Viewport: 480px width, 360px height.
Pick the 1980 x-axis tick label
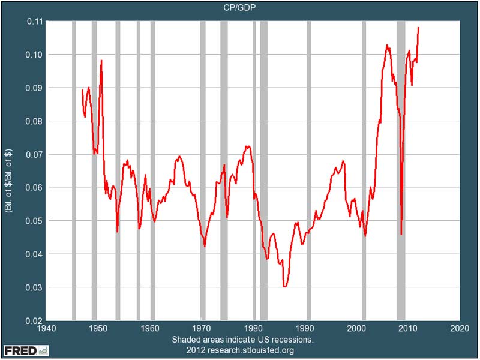(x=253, y=329)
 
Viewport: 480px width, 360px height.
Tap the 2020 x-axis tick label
(x=460, y=329)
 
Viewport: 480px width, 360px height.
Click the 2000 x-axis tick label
(x=356, y=329)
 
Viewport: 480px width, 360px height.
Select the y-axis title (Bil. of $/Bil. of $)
(x=10, y=171)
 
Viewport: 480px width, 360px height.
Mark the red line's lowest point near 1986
(x=285, y=287)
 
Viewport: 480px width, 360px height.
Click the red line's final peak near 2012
(x=418, y=28)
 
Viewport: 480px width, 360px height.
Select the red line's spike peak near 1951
(x=101, y=61)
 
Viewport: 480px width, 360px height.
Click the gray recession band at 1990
(x=308, y=171)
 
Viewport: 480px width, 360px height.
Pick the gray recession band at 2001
(x=364, y=171)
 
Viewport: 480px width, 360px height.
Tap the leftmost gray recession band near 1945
(x=73, y=171)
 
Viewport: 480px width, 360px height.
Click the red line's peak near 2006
(x=387, y=45)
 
